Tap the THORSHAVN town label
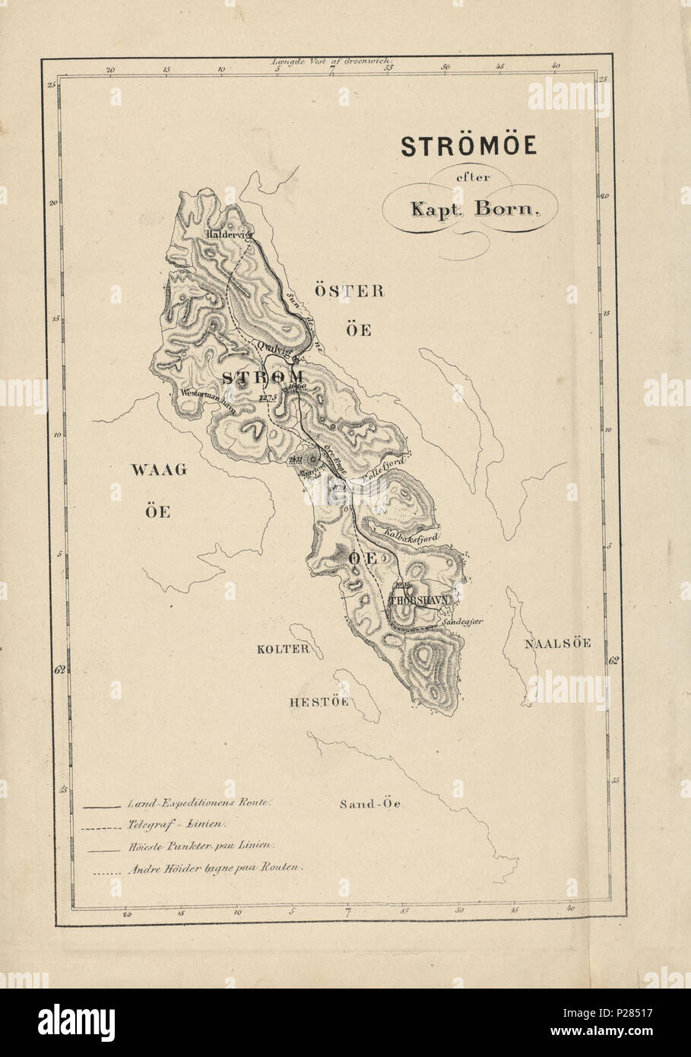click(420, 600)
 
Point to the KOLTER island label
click(283, 649)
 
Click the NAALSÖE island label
click(557, 643)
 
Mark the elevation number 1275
click(269, 397)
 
